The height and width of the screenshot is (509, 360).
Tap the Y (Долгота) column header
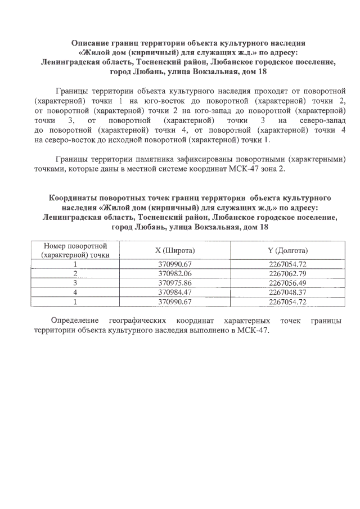(x=287, y=250)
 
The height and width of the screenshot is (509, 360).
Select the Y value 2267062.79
(x=287, y=273)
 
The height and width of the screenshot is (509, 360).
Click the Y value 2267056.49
(x=287, y=283)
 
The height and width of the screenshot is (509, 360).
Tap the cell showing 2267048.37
(x=287, y=292)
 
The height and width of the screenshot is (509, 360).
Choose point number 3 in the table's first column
(x=75, y=283)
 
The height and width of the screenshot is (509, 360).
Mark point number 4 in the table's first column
(x=75, y=292)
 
